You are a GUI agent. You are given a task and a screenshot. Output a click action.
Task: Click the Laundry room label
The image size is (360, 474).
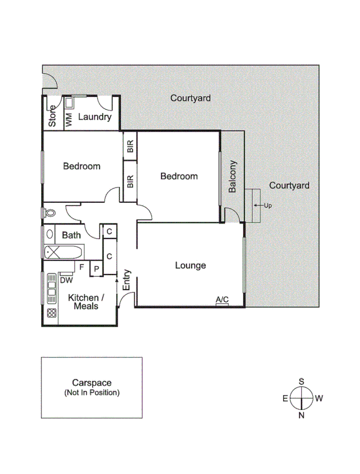pos(95,117)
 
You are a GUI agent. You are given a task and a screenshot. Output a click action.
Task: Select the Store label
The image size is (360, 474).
pos(52,116)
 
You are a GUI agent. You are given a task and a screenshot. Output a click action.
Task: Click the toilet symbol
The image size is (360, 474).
pos(50,213)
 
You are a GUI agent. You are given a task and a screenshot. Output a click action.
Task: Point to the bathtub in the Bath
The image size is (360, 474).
pos(62,252)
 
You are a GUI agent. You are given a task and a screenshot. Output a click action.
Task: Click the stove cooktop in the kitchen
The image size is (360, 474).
pos(52,313)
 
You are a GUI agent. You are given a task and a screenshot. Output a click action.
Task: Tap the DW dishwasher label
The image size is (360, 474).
pos(66,280)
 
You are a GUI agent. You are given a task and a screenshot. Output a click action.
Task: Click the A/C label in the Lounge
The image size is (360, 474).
pos(222,299)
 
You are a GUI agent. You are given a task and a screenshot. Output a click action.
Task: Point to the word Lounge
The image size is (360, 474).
pos(190,265)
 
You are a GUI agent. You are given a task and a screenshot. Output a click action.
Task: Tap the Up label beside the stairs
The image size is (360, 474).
pos(268,206)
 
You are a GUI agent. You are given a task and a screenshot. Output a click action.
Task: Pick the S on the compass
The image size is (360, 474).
pos(301,381)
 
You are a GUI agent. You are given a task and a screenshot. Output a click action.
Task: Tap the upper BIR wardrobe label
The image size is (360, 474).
pos(130,147)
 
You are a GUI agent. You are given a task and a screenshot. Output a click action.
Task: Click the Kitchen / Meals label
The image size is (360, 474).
pos(86,302)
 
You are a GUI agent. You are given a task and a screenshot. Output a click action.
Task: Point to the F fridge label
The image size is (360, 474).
pos(82,266)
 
